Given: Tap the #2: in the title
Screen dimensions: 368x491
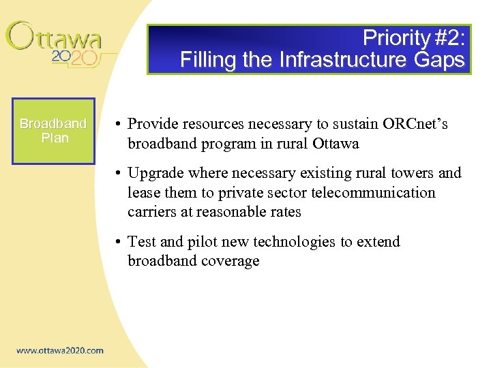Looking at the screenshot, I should click(447, 37).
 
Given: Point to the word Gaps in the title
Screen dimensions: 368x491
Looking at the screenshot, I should click(439, 60).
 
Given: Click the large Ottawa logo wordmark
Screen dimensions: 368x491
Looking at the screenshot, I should click(54, 37).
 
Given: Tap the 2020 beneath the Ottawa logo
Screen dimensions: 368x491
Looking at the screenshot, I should click(75, 58).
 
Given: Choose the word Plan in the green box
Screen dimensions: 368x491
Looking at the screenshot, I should click(55, 138).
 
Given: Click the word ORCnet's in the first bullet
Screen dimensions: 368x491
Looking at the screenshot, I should click(414, 124).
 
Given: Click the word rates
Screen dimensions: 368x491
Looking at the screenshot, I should click(284, 212).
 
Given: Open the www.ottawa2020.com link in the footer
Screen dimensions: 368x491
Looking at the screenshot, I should click(60, 351).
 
